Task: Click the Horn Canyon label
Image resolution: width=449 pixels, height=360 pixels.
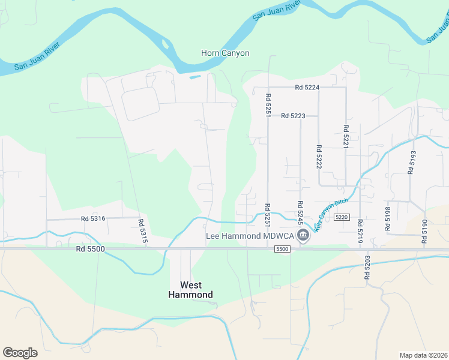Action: pyautogui.click(x=225, y=53)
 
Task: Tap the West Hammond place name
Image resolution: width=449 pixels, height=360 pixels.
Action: pyautogui.click(x=190, y=290)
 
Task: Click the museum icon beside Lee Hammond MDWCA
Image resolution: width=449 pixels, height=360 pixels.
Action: pyautogui.click(x=303, y=235)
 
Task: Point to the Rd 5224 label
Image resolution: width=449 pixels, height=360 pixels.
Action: pyautogui.click(x=307, y=87)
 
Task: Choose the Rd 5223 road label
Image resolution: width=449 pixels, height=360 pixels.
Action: pyautogui.click(x=293, y=115)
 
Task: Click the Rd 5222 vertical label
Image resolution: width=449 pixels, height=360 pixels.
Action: pyautogui.click(x=319, y=157)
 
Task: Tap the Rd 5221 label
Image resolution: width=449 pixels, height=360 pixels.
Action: pyautogui.click(x=346, y=137)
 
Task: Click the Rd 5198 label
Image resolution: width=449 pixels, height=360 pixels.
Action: pyautogui.click(x=387, y=218)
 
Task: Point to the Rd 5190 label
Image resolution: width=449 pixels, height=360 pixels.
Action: pyautogui.click(x=424, y=231)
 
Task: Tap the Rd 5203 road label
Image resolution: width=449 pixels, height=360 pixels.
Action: pyautogui.click(x=367, y=268)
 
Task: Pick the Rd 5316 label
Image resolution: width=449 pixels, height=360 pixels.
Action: pyautogui.click(x=93, y=219)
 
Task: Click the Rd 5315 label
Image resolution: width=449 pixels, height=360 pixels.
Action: pyautogui.click(x=142, y=230)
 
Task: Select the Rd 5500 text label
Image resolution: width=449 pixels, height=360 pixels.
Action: pyautogui.click(x=91, y=248)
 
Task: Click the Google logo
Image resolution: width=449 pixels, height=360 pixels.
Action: pyautogui.click(x=20, y=353)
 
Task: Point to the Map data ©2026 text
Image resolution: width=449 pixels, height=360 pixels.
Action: pyautogui.click(x=423, y=355)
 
